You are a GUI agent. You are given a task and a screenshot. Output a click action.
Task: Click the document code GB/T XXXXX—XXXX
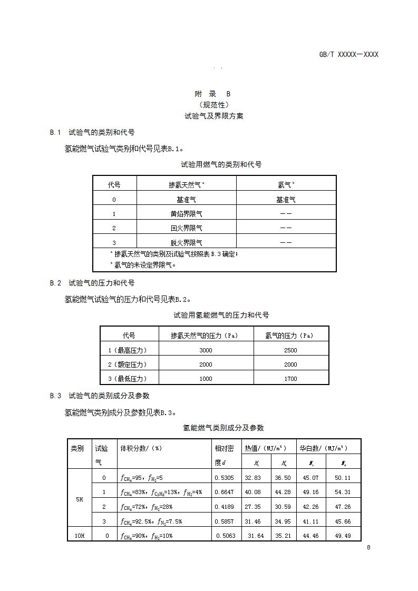click(x=348, y=54)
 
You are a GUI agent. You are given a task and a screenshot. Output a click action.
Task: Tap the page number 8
click(x=368, y=547)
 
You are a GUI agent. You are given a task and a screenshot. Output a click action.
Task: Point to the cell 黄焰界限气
click(x=186, y=214)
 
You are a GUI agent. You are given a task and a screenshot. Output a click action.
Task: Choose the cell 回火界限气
click(x=186, y=228)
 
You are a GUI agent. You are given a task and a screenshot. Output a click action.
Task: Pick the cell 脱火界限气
click(x=186, y=242)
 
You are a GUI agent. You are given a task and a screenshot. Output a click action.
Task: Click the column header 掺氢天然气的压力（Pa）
click(x=206, y=336)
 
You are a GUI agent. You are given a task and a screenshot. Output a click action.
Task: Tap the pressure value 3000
click(x=206, y=350)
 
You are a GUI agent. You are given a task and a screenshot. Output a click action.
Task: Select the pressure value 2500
click(x=290, y=350)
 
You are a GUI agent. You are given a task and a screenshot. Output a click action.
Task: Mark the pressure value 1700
click(x=290, y=379)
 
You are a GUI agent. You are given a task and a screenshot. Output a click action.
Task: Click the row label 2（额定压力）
click(x=128, y=365)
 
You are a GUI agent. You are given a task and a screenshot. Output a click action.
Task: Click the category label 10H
click(x=80, y=535)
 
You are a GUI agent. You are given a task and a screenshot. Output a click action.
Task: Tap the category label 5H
click(x=80, y=499)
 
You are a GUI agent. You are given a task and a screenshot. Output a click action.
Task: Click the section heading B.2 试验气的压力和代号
click(x=92, y=283)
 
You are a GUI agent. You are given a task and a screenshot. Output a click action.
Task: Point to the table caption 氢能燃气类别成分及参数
click(x=223, y=428)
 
